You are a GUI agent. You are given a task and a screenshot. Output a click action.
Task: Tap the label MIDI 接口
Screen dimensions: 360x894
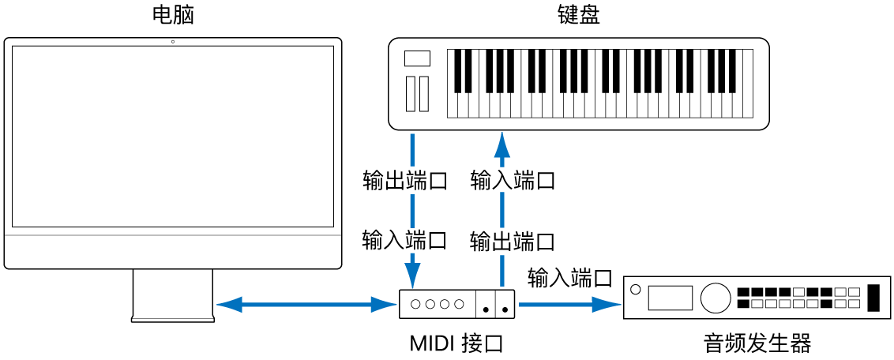[456, 344]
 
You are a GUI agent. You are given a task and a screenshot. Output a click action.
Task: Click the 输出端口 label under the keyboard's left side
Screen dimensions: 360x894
[405, 181]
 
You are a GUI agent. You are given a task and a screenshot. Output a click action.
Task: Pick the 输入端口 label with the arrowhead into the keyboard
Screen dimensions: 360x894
[513, 181]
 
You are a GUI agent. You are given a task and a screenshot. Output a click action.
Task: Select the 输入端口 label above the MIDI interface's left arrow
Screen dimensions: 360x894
[404, 240]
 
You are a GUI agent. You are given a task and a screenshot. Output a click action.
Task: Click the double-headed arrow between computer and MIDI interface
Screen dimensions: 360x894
[304, 304]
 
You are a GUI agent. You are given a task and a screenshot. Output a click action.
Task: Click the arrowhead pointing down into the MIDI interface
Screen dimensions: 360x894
[413, 277]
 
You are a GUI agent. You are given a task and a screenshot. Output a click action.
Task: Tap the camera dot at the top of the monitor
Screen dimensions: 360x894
[172, 41]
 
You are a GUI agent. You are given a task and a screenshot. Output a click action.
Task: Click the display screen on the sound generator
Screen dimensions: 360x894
[670, 298]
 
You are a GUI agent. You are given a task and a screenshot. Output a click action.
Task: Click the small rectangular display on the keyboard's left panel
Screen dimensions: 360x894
[416, 58]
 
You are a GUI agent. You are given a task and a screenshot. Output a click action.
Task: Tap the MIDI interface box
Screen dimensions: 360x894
[456, 304]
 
